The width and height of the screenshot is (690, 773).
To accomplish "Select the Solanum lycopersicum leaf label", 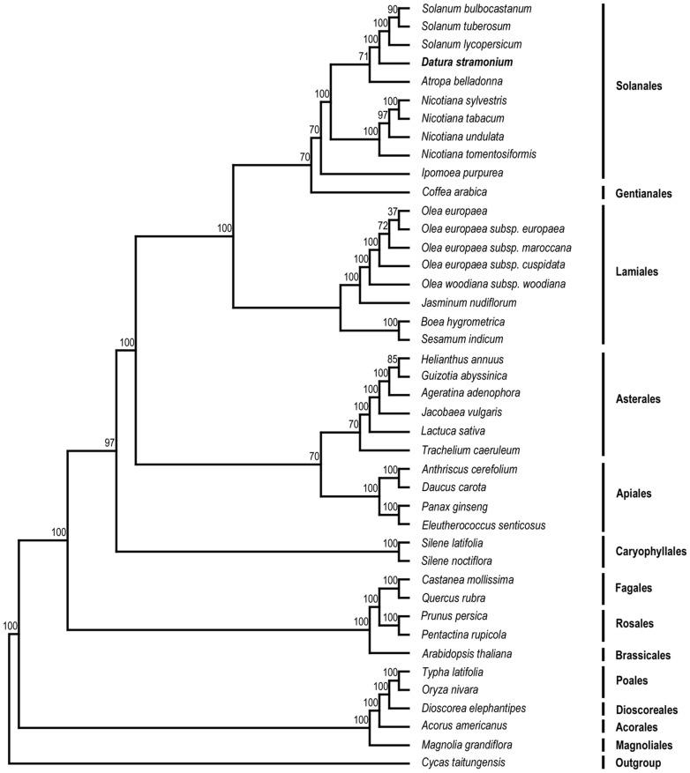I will coord(471,44).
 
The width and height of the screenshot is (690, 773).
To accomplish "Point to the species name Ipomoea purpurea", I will coord(463,173).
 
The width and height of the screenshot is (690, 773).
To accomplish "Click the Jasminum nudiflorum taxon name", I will coord(467,301).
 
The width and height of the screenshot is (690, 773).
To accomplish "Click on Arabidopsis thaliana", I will coord(466,654).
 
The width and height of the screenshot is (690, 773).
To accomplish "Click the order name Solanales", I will coord(641,86).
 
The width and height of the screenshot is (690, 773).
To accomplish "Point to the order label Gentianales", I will coord(646,192).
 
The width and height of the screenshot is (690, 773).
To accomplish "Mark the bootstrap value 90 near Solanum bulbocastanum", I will coord(394,9).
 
